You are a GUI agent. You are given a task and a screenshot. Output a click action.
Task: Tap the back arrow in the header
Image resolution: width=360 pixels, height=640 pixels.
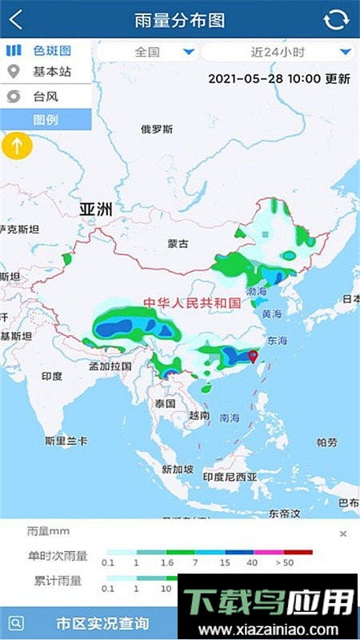point(16,20)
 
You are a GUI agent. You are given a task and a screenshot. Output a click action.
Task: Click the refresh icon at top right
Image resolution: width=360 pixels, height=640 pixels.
point(337,20)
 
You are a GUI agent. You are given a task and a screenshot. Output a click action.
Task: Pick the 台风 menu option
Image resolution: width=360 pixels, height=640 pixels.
point(45,96)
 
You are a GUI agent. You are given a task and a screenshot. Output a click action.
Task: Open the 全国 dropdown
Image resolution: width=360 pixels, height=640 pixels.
point(147,53)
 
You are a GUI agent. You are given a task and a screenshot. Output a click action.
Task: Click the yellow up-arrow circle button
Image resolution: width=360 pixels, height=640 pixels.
point(17,146)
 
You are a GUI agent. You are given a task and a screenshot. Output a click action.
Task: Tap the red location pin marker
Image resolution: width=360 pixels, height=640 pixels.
point(254,356)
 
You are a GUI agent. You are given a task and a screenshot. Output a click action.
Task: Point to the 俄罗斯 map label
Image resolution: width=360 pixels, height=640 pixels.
point(156,130)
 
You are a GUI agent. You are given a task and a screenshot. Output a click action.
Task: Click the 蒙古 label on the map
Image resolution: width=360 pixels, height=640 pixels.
point(178,243)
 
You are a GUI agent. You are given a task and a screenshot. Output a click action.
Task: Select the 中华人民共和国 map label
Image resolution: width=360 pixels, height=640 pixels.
point(191,302)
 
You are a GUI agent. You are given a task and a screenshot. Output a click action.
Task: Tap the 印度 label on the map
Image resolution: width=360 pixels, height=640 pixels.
point(52,375)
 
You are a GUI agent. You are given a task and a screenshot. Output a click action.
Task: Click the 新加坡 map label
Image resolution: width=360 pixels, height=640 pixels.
point(178,470)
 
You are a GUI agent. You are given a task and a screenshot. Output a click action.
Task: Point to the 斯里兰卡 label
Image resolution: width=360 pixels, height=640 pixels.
point(66,441)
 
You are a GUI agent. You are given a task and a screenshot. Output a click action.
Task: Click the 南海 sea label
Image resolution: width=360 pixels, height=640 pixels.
point(229,418)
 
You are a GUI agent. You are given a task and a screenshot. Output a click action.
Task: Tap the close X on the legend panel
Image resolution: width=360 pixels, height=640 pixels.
point(343,534)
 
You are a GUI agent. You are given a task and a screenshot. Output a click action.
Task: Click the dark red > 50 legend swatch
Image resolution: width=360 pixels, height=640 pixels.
point(298,551)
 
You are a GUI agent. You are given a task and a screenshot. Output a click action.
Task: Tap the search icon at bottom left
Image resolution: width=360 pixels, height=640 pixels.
point(16,623)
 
